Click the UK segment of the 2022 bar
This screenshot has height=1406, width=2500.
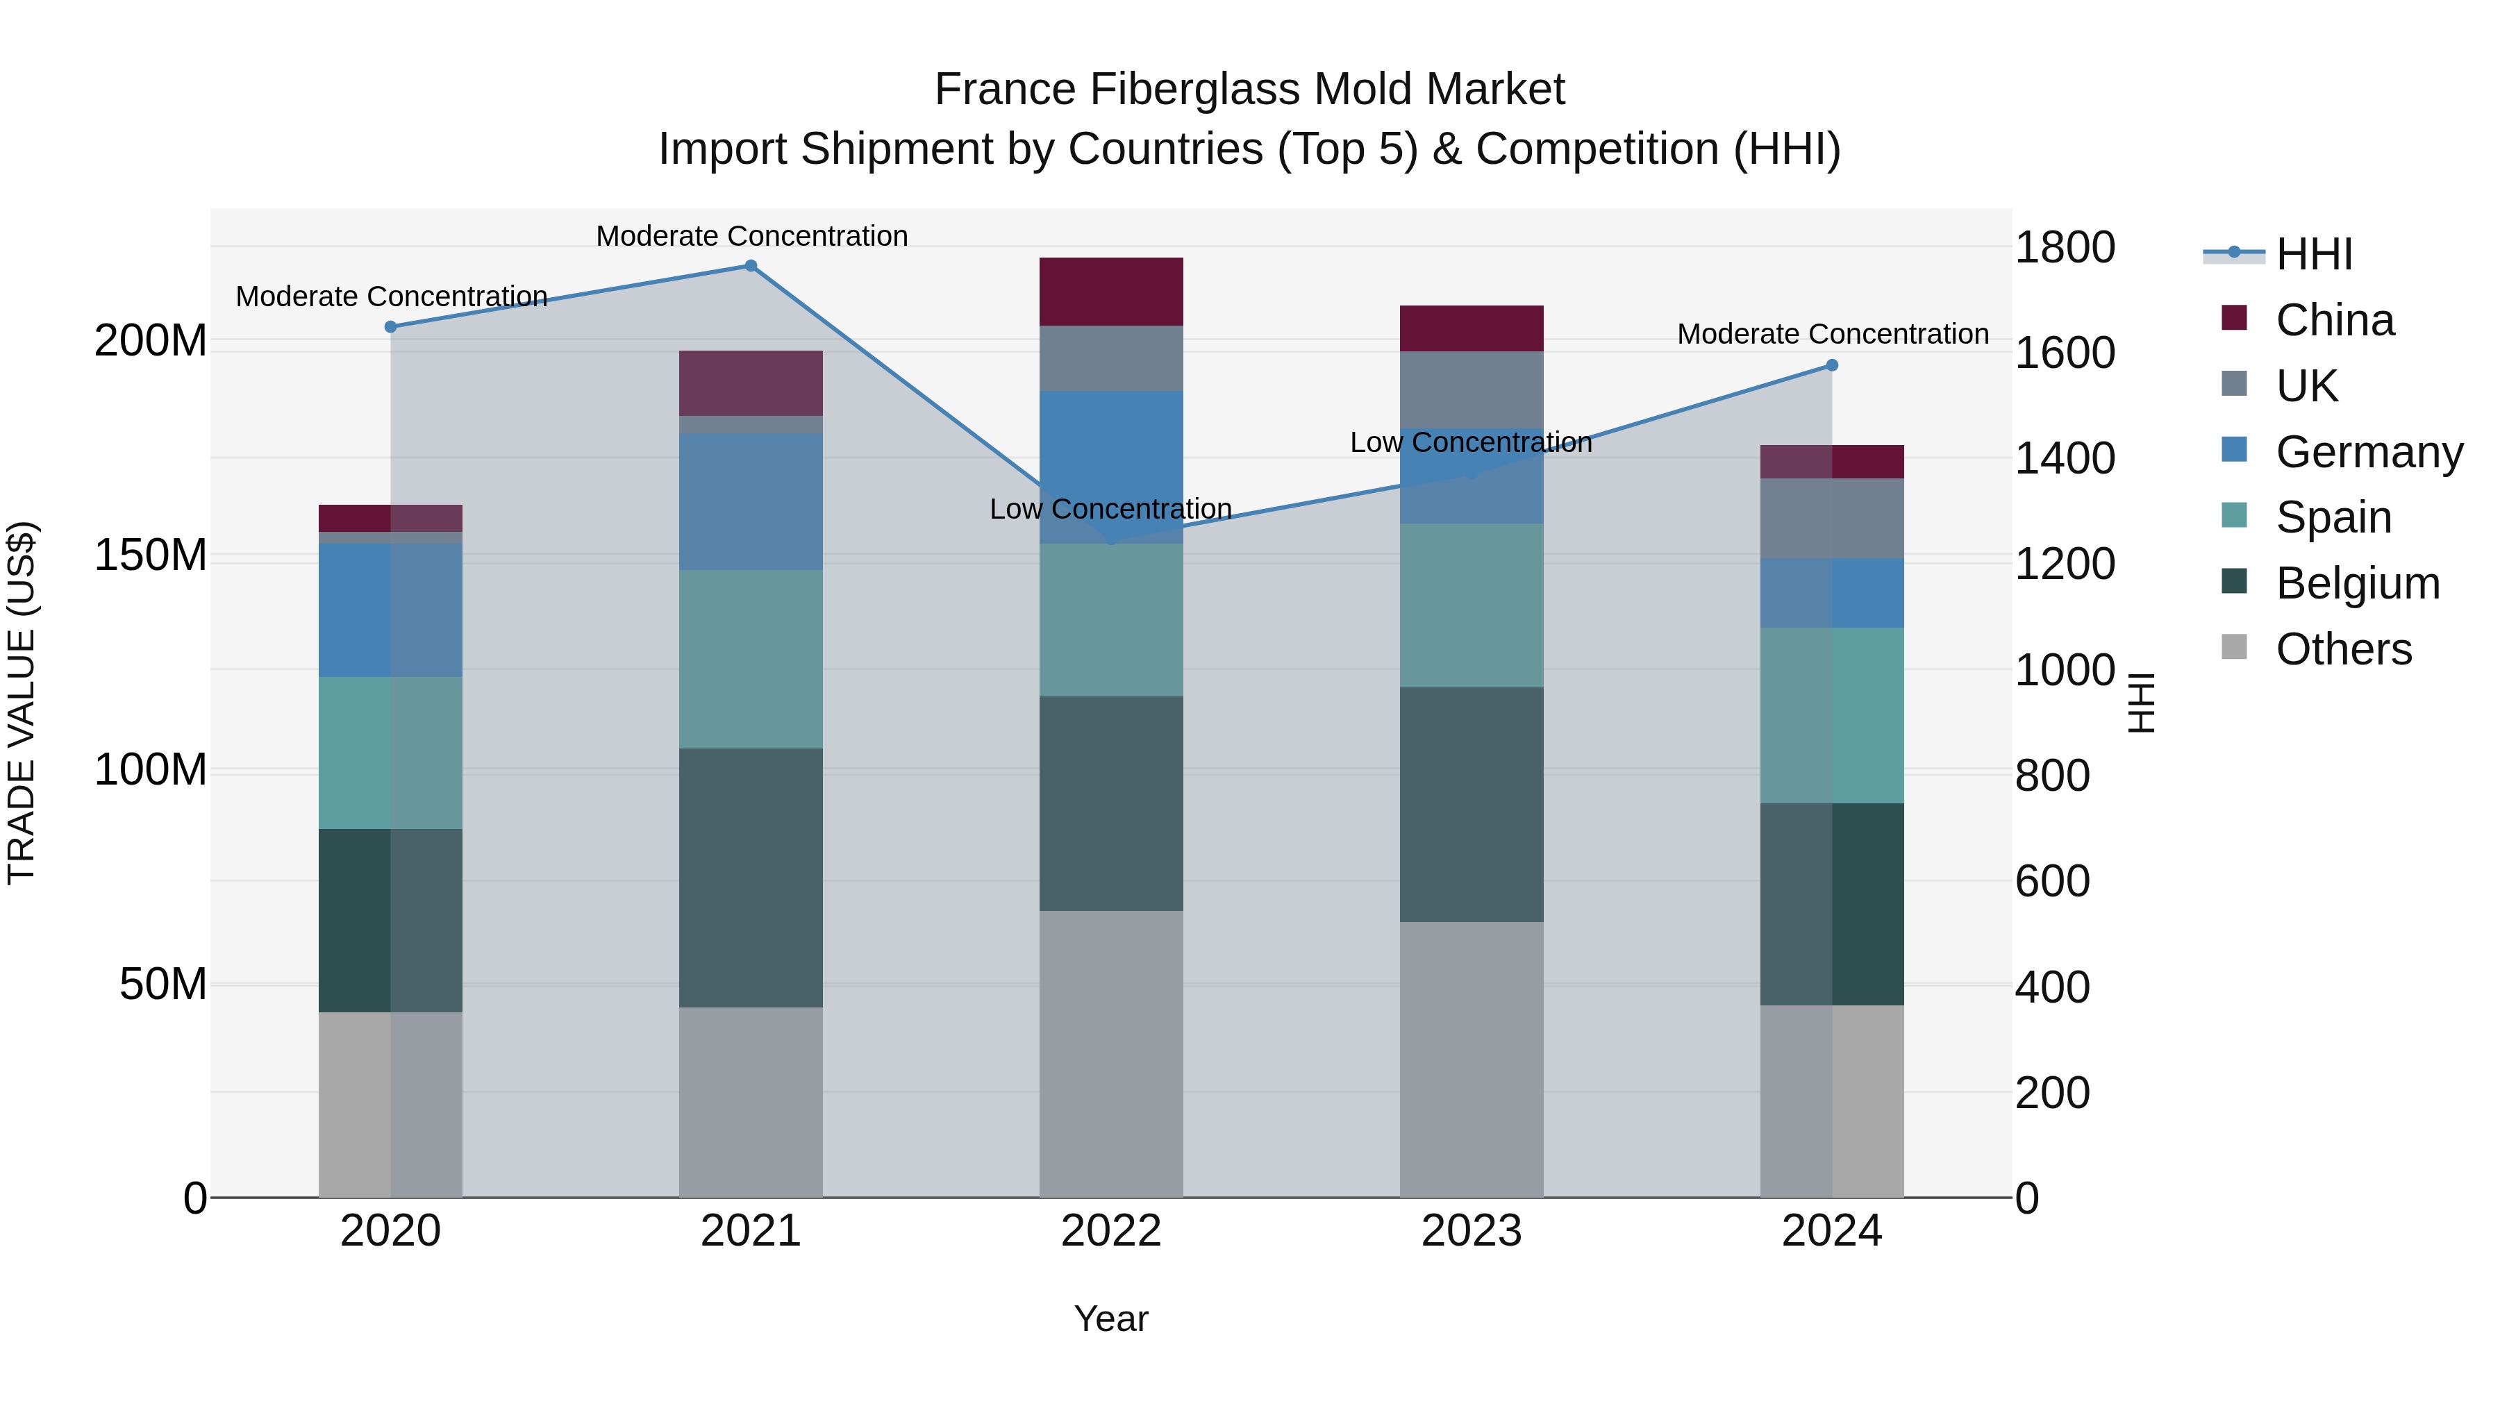coord(1110,358)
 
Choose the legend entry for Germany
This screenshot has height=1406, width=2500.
coord(2368,452)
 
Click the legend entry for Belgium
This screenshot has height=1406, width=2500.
coord(2356,583)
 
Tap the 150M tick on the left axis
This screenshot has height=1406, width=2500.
coord(151,556)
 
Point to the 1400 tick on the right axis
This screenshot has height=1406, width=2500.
coord(2065,458)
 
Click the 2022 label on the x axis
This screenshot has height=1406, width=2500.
coord(1110,1231)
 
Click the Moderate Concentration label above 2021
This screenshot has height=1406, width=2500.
coord(751,236)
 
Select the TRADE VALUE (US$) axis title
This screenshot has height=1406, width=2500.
coord(22,703)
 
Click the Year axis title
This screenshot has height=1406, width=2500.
coord(1110,1319)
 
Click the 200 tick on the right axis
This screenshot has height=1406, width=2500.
coord(2051,1093)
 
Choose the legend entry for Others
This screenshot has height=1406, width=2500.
coord(2343,649)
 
